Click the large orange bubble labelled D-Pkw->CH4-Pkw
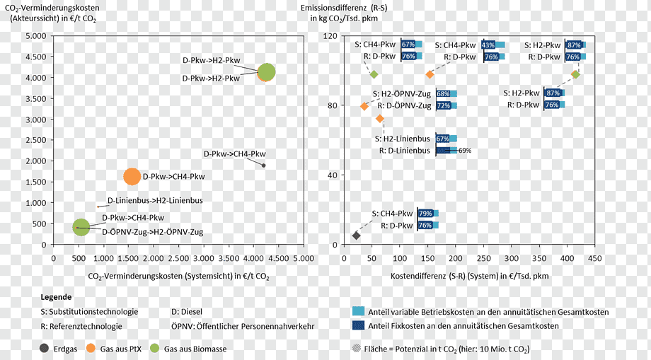[x=132, y=177]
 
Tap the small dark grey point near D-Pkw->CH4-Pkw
[x=263, y=166]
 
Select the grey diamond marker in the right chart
[x=356, y=236]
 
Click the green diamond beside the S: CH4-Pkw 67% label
[x=374, y=75]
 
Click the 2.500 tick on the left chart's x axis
[x=178, y=258]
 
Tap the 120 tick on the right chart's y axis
[x=330, y=36]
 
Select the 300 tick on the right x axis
[x=512, y=258]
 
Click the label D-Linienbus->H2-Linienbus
[x=155, y=201]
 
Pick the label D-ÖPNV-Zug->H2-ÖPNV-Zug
[x=153, y=232]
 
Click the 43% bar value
[x=488, y=45]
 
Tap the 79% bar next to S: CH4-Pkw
[x=425, y=214]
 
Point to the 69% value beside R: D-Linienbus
[x=465, y=151]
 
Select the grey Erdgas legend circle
[x=45, y=349]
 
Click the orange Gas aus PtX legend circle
[x=91, y=349]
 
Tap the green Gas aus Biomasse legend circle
[x=154, y=349]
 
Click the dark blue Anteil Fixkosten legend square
[x=358, y=325]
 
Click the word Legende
[x=56, y=297]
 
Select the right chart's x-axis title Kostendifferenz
[x=470, y=277]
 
